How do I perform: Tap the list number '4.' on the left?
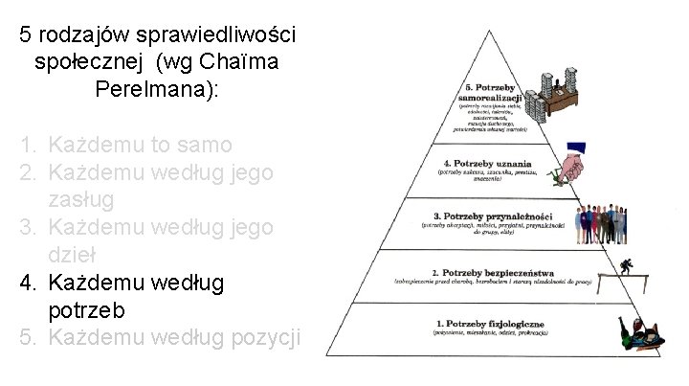pos(30,284)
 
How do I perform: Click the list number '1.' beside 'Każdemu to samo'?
pos(30,146)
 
